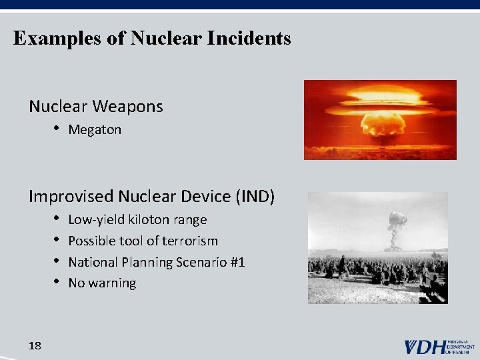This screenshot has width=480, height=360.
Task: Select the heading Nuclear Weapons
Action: point(95,106)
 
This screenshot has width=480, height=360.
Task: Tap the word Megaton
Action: point(95,130)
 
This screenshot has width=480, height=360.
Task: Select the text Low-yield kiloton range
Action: point(137,220)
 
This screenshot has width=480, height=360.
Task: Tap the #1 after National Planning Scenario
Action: point(237,262)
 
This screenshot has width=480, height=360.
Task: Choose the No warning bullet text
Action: point(102,283)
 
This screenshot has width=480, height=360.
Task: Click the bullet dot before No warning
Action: point(58,283)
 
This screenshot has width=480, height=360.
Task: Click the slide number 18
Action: point(35,345)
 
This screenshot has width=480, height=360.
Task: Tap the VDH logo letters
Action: point(425,347)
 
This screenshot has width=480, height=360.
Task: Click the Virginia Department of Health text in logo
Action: point(461,347)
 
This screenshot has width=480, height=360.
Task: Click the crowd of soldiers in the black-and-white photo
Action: point(377,270)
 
